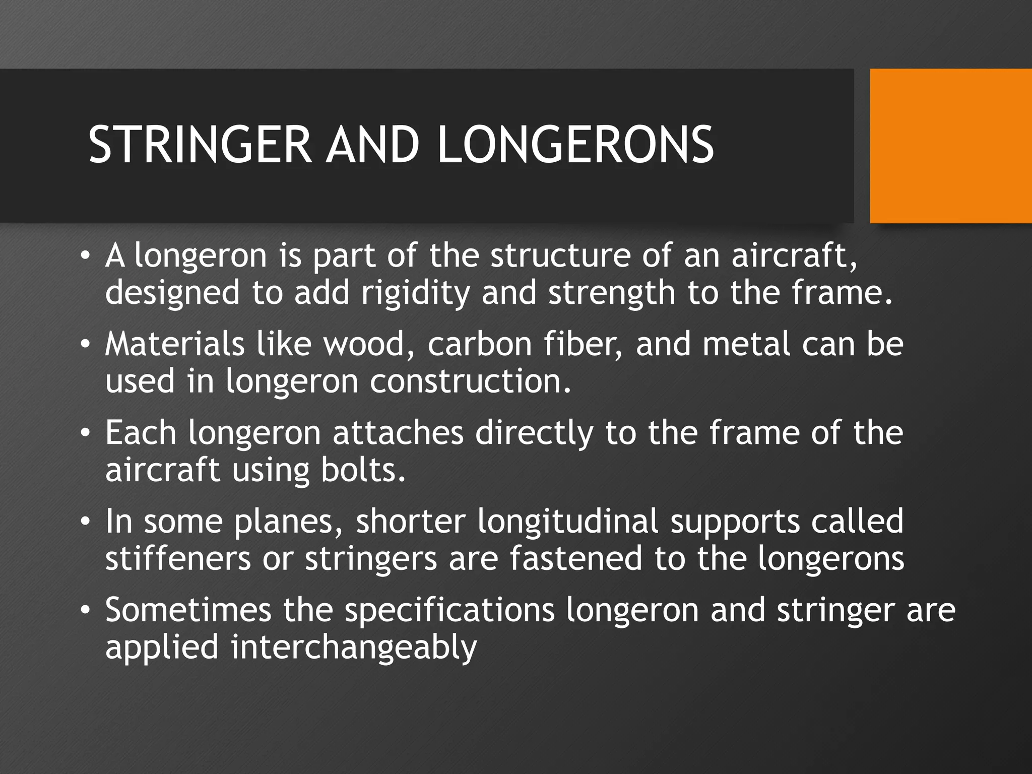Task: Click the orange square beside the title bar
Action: [951, 146]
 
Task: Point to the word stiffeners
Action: [178, 559]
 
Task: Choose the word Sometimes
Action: [188, 610]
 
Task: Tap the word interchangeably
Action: [354, 649]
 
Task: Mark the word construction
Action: [471, 382]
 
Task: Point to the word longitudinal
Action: [568, 522]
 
